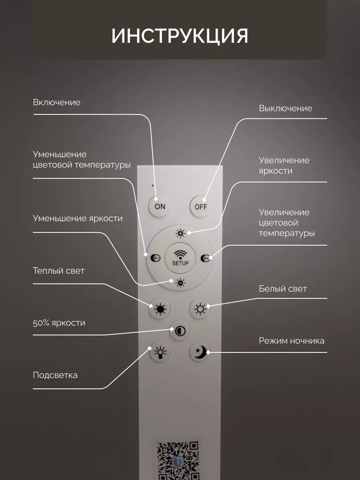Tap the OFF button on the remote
coord(200,206)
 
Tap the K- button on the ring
coord(155,258)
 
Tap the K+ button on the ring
coord(205,258)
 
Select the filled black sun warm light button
coord(160,309)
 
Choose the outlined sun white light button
coord(200,309)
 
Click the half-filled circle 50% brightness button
coord(180,331)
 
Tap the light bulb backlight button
coord(160,352)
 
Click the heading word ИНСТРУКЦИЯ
coord(180,36)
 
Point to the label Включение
coord(56,102)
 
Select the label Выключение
coord(285,108)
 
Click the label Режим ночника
coord(291,341)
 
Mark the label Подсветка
coord(55,375)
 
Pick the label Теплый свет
coord(58,271)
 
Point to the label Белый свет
coord(282,288)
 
